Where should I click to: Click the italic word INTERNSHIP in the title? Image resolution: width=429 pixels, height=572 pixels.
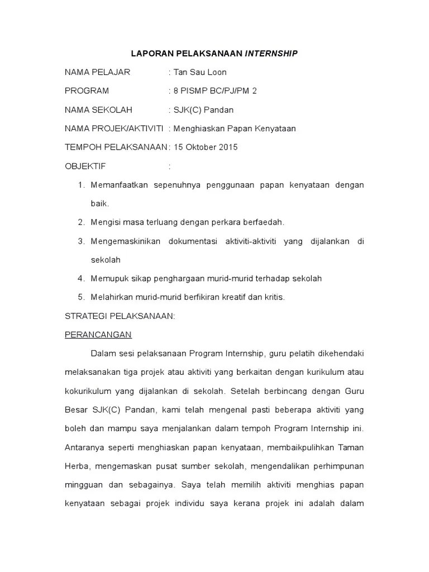click(271, 54)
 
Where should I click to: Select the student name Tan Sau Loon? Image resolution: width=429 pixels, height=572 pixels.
click(200, 72)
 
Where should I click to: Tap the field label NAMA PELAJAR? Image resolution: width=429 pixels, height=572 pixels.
click(97, 72)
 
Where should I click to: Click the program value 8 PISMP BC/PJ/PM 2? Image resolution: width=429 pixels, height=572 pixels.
click(216, 91)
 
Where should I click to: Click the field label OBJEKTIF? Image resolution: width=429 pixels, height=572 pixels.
click(85, 166)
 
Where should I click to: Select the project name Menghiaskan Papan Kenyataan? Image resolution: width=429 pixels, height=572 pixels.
click(235, 128)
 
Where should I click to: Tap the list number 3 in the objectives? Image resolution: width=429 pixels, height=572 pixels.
click(81, 241)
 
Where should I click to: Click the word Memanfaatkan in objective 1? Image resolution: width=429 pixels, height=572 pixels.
click(117, 185)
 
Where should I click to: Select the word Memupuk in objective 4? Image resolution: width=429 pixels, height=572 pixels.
click(106, 278)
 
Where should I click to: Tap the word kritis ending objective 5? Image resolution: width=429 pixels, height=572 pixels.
click(274, 297)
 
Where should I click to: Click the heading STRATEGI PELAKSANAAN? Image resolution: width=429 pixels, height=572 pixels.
click(120, 316)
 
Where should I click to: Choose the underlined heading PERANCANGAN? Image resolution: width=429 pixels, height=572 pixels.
click(98, 335)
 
